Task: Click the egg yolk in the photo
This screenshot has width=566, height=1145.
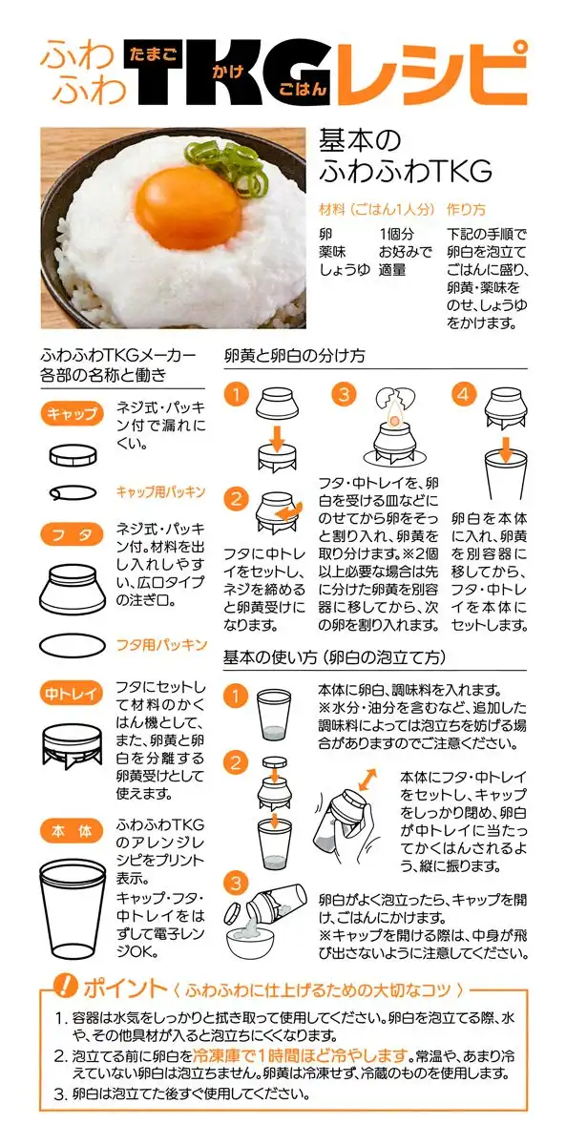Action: [188, 203]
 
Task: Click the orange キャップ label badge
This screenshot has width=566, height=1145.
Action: [72, 413]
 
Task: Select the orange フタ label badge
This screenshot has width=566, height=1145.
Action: [72, 534]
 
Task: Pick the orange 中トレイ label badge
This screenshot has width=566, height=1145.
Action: [72, 693]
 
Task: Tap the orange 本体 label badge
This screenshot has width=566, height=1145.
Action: [72, 832]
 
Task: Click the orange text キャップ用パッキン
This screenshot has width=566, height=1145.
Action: [160, 491]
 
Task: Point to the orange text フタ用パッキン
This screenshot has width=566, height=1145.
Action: [161, 644]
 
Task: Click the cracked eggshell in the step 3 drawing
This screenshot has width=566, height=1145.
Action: [395, 398]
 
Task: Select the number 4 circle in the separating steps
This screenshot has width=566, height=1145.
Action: [464, 394]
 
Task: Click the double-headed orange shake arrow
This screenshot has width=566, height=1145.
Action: [367, 781]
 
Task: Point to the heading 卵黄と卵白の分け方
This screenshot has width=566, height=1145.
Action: [295, 356]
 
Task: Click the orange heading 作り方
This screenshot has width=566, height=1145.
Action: [466, 209]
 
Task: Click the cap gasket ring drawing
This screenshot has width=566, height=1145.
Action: [73, 492]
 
